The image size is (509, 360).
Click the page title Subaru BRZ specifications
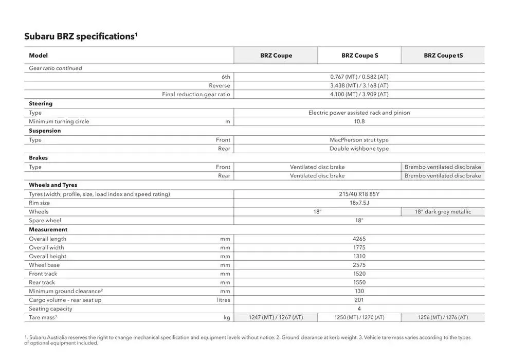click(x=80, y=37)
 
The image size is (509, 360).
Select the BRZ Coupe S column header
click(x=359, y=56)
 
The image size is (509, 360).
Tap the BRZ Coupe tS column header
click(x=443, y=56)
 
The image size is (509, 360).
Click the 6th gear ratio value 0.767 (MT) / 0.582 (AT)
click(x=359, y=77)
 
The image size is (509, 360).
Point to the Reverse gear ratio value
click(x=359, y=85)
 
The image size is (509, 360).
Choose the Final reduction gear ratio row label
click(x=196, y=94)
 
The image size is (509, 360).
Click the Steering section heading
click(x=41, y=103)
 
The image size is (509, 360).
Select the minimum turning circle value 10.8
click(x=359, y=121)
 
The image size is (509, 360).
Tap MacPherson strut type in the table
click(x=359, y=140)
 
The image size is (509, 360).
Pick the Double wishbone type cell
click(x=359, y=149)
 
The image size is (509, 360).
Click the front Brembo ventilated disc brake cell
click(x=443, y=167)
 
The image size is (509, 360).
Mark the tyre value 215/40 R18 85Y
click(x=359, y=194)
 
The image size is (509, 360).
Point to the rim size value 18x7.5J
click(x=359, y=203)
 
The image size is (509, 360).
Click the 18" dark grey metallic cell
click(x=443, y=212)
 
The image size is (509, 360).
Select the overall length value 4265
click(x=359, y=239)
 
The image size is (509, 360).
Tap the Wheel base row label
click(x=44, y=265)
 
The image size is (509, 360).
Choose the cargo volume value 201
click(x=359, y=300)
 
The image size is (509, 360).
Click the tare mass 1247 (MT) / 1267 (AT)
click(x=276, y=317)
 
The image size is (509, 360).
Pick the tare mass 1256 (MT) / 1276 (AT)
click(x=443, y=317)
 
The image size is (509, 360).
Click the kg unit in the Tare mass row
click(x=227, y=317)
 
